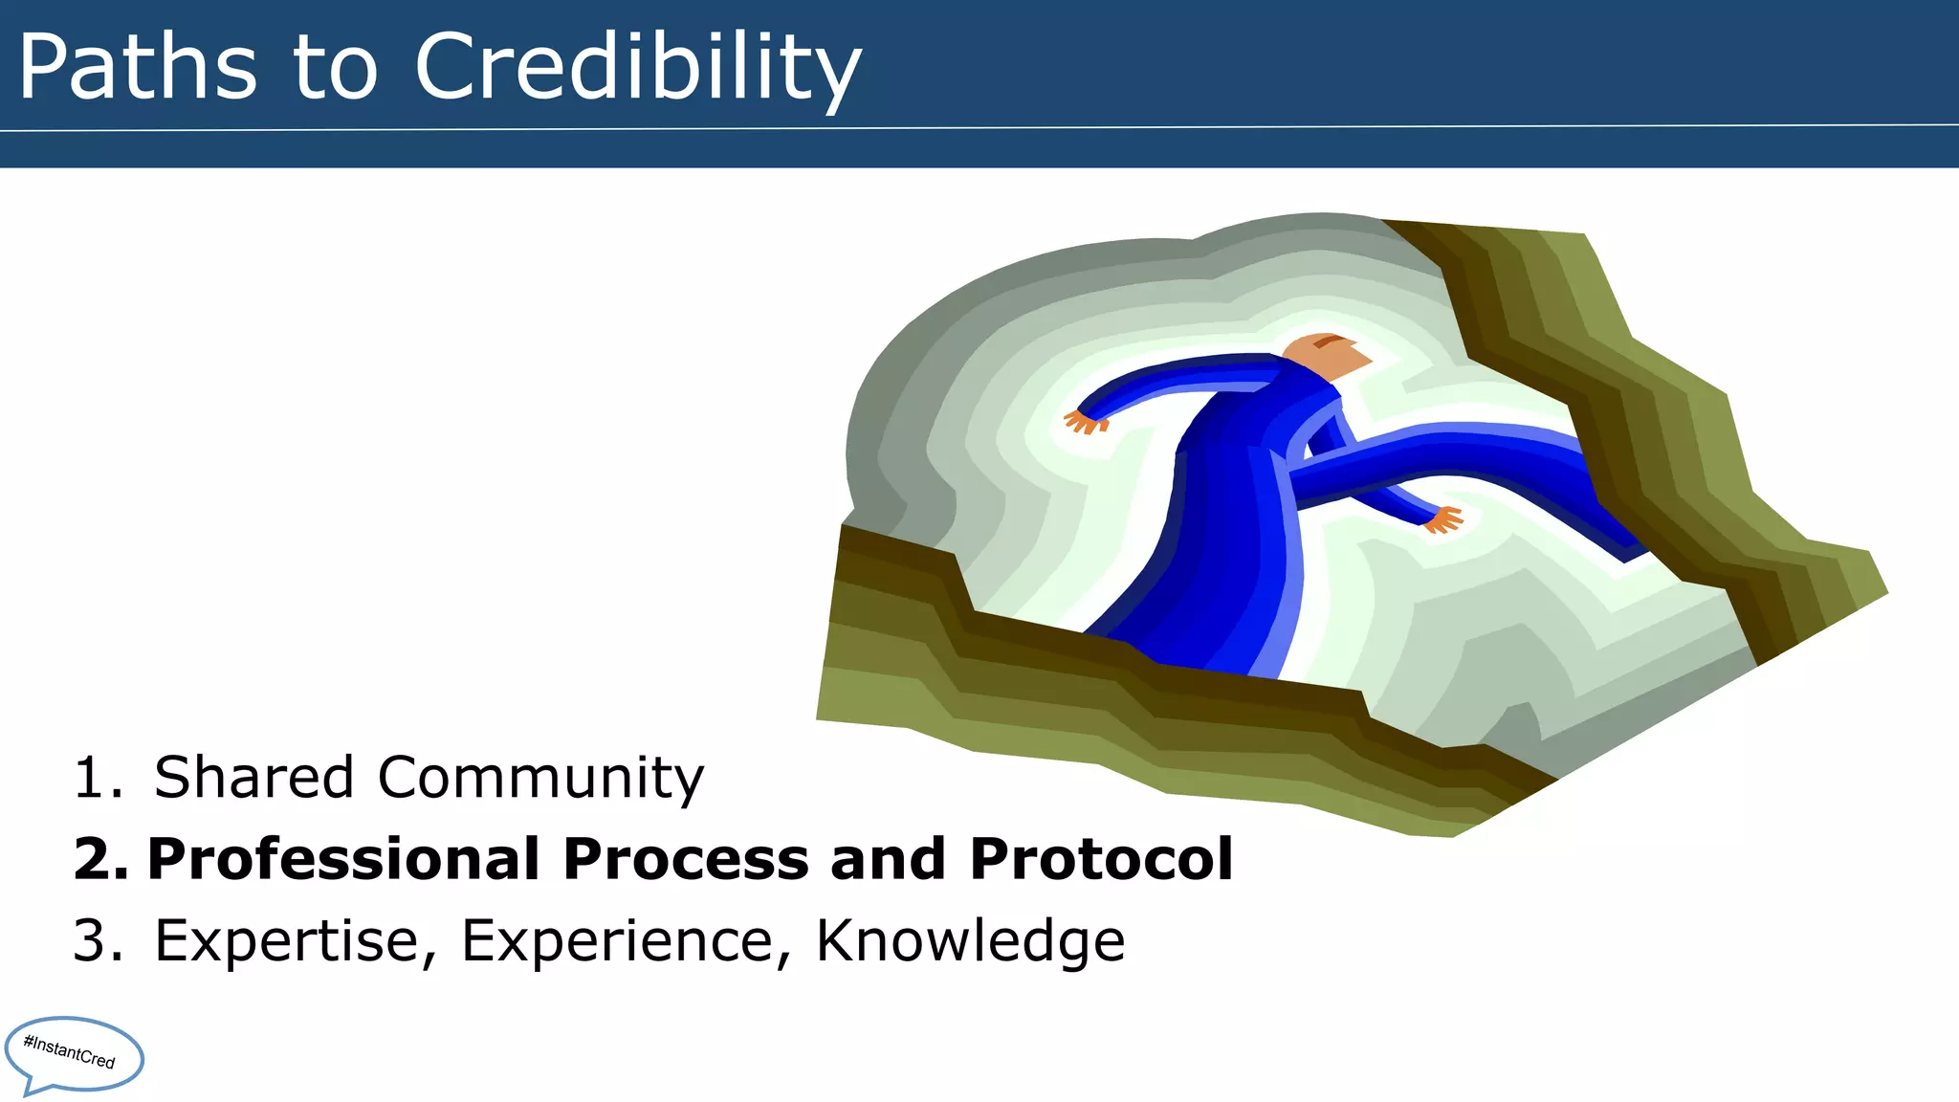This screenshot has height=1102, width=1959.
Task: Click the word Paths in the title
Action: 138,67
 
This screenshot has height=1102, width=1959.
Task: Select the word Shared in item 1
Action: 254,777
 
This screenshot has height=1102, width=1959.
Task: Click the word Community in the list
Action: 540,779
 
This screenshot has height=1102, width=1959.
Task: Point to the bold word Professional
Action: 342,859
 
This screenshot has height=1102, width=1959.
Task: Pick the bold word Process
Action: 686,859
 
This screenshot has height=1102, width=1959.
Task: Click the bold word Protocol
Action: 1101,859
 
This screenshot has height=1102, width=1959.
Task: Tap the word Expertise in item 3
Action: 287,941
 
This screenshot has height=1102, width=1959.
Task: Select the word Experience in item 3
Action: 617,941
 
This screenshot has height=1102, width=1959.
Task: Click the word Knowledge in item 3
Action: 970,941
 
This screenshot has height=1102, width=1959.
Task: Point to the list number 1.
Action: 97,777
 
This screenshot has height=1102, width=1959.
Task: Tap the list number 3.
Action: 97,941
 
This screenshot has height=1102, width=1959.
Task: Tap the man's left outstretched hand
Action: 1085,421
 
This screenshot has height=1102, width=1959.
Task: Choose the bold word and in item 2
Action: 889,859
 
